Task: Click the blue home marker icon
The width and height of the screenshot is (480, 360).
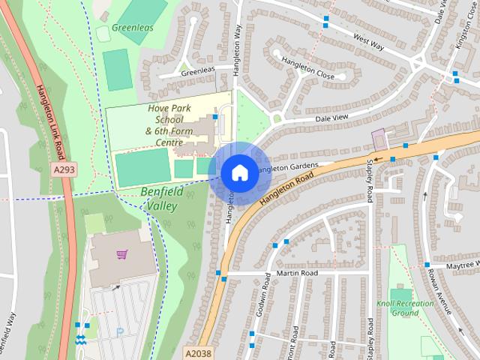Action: (x=238, y=172)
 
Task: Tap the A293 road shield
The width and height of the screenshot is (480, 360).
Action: (x=64, y=171)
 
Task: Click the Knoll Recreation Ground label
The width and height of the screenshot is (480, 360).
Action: (x=405, y=307)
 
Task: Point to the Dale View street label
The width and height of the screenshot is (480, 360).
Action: (x=331, y=118)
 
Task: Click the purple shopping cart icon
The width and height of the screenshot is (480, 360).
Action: (x=121, y=254)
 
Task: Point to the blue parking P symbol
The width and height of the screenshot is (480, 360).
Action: (x=119, y=332)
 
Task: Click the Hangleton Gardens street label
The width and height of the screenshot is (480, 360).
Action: (x=291, y=166)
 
